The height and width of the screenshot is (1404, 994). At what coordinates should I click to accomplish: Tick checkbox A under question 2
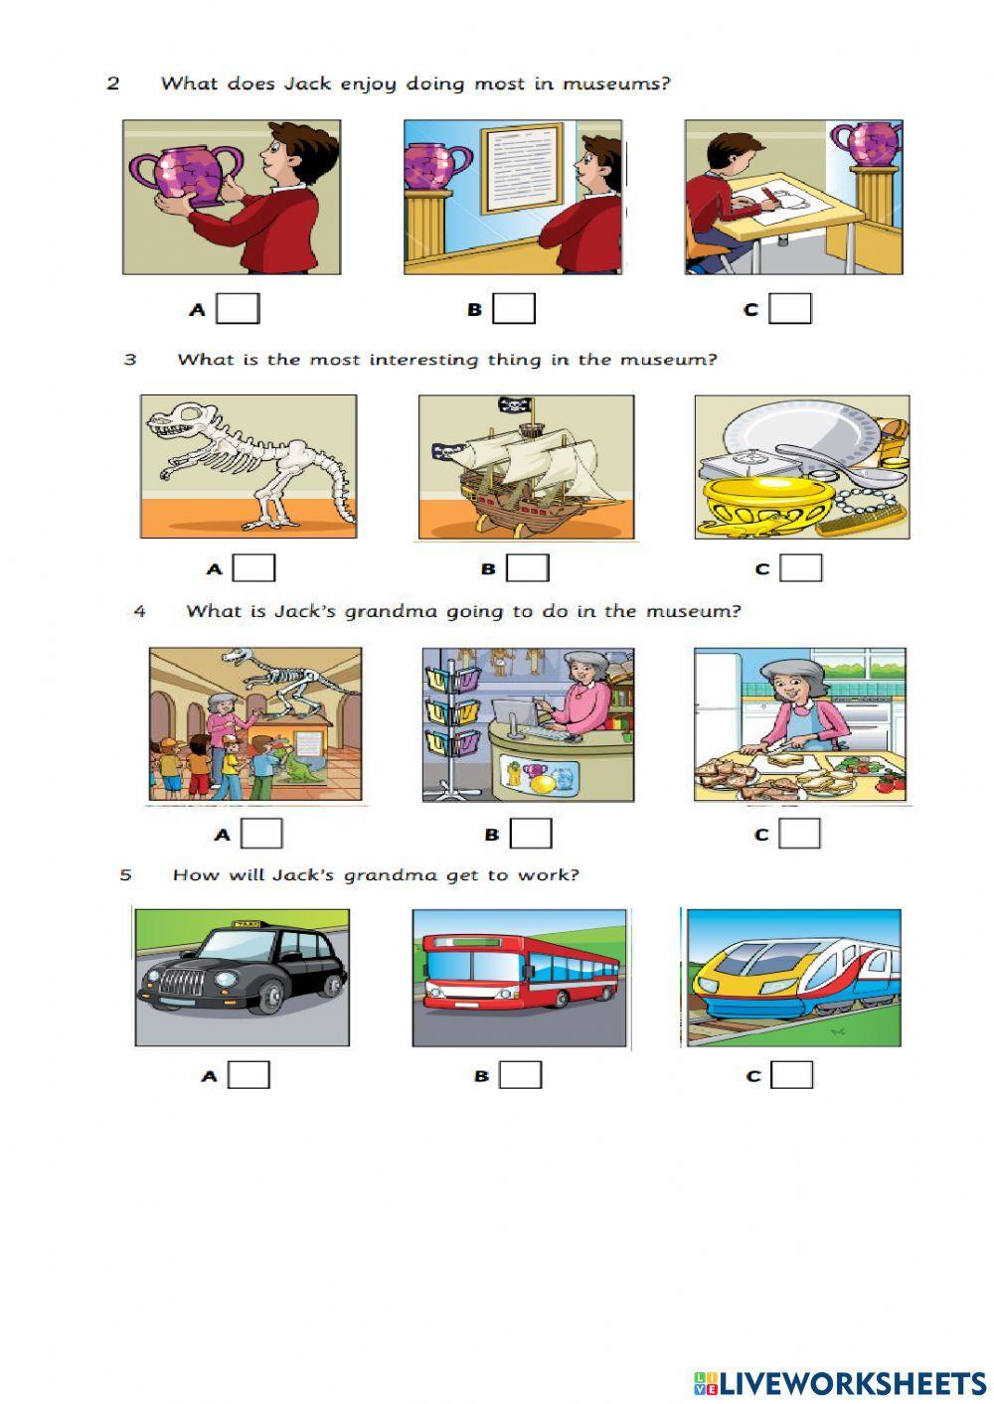[x=239, y=309]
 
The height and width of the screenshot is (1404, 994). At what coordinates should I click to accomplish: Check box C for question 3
[x=801, y=568]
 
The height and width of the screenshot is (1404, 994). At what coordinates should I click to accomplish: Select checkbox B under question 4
[x=531, y=834]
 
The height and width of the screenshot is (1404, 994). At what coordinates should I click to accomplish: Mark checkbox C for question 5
[x=792, y=1075]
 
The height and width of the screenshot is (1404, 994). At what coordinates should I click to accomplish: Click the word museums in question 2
[x=616, y=83]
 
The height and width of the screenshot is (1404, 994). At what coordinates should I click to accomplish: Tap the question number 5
[x=125, y=875]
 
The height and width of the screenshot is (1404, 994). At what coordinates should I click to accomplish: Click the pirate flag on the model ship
[x=515, y=405]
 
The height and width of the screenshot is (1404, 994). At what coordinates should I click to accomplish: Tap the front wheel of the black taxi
[x=268, y=997]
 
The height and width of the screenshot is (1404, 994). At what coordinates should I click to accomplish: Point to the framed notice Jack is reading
[x=522, y=169]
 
